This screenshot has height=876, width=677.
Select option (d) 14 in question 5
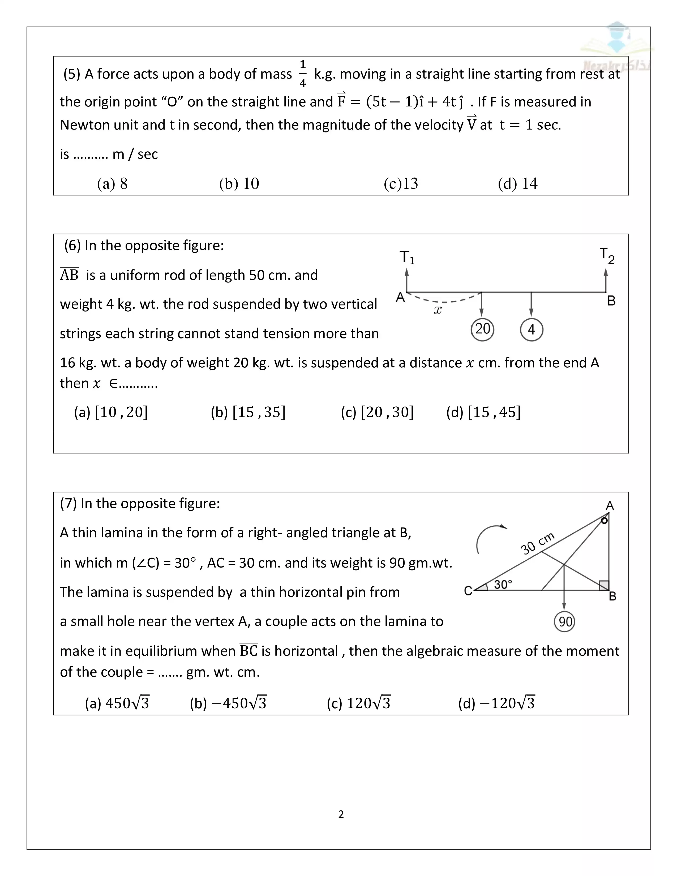pyautogui.click(x=517, y=184)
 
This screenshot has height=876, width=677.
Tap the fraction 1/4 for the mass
pyautogui.click(x=303, y=74)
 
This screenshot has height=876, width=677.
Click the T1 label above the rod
pyautogui.click(x=407, y=257)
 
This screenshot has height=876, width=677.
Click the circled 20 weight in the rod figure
pyautogui.click(x=482, y=329)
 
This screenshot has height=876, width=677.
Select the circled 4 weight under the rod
pyautogui.click(x=532, y=330)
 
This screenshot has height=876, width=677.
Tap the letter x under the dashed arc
pyautogui.click(x=438, y=310)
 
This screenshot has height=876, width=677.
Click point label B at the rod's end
pyautogui.click(x=611, y=301)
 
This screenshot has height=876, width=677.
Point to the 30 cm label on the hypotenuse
pyautogui.click(x=537, y=543)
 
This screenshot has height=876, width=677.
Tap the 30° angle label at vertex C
pyautogui.click(x=503, y=585)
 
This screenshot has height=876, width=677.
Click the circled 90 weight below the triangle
pyautogui.click(x=564, y=622)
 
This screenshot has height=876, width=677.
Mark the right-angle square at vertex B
pyautogui.click(x=604, y=586)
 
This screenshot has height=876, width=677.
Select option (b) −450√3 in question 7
pyautogui.click(x=228, y=703)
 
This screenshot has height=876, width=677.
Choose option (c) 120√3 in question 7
pyautogui.click(x=359, y=703)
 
